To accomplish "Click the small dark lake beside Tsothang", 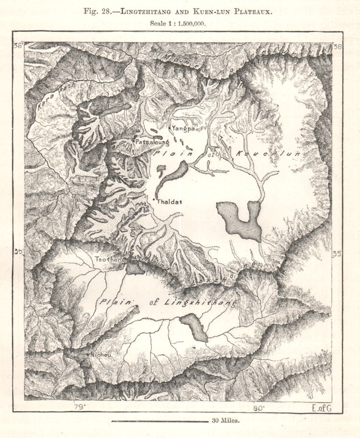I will (135, 268).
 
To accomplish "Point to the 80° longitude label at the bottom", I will (258, 408).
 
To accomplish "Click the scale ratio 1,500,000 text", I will (190, 24).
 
